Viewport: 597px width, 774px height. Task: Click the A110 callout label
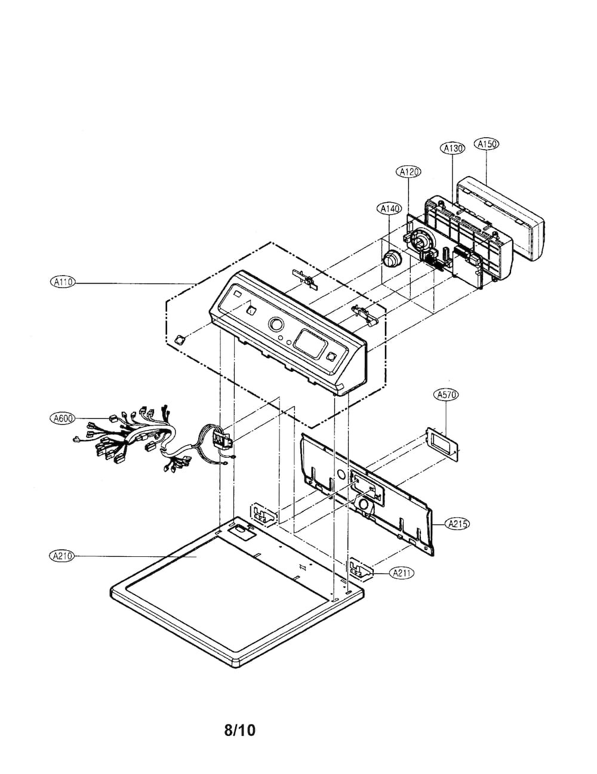[x=63, y=282]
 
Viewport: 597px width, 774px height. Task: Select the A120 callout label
[x=408, y=172]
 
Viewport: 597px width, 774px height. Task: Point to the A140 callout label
[x=389, y=209]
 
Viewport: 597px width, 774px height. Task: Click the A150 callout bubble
[x=487, y=144]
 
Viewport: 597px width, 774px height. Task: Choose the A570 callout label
[x=446, y=394]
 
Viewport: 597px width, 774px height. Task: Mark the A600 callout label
[x=63, y=418]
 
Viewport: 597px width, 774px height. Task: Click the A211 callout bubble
[x=402, y=573]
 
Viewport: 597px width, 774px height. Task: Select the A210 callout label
[x=62, y=556]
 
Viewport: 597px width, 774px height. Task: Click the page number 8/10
[x=240, y=730]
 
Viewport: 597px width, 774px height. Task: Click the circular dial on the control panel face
[x=276, y=325]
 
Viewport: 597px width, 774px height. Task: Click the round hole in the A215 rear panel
[x=340, y=474]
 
